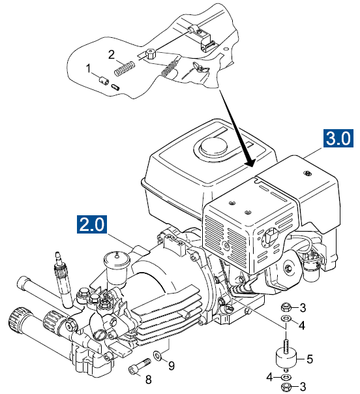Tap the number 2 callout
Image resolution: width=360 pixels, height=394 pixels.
(112, 53)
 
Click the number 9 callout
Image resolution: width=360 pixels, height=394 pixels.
(172, 366)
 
